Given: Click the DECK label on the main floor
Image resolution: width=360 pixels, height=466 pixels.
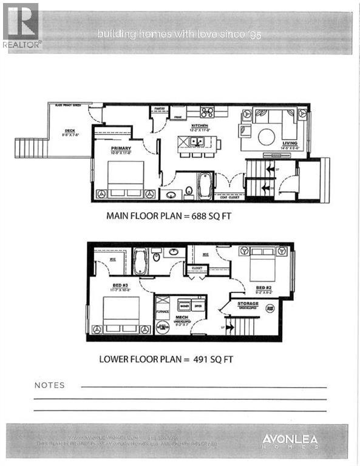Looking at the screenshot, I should pyautogui.click(x=70, y=130).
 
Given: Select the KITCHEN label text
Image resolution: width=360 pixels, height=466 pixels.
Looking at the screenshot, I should pyautogui.click(x=200, y=126).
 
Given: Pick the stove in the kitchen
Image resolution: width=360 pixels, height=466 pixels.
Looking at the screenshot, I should pyautogui.click(x=207, y=112).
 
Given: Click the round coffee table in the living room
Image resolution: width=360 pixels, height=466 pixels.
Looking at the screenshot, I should pyautogui.click(x=267, y=137).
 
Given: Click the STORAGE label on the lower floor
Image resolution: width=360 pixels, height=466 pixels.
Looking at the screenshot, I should pyautogui.click(x=247, y=303).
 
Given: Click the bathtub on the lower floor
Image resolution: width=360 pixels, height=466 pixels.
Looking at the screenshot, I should pyautogui.click(x=140, y=262).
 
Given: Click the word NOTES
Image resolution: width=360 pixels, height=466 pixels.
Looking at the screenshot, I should pyautogui.click(x=50, y=385).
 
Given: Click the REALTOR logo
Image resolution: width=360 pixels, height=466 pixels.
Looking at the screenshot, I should pyautogui.click(x=21, y=25).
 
